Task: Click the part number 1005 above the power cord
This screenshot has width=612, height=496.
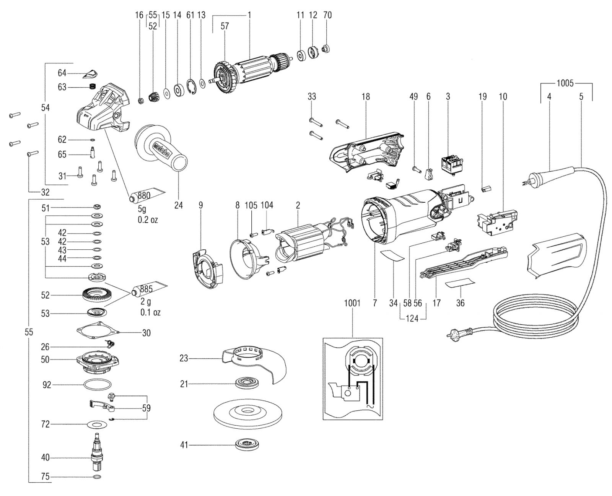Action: [x=565, y=83]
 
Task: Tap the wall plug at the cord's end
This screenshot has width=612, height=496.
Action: [x=460, y=333]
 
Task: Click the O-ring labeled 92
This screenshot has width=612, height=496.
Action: [x=98, y=384]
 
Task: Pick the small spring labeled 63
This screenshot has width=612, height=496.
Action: [x=92, y=86]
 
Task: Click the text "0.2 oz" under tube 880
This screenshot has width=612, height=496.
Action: [x=148, y=220]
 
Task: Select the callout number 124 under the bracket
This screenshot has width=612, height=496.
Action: [x=412, y=319]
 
